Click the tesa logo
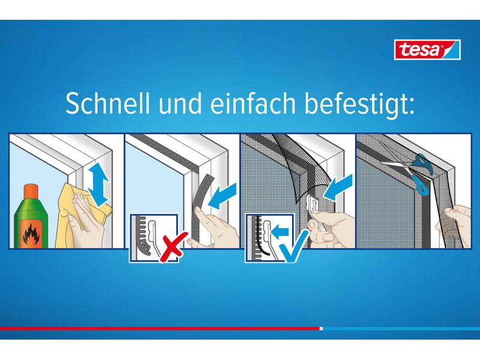pos(427,49)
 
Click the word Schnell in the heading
pos(108,103)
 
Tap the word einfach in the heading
pos(253,103)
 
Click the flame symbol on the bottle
pos(31,235)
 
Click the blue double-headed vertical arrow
pos(98,184)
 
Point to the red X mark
pos(173,247)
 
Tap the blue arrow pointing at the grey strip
pos(223,197)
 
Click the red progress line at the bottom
pos(160,328)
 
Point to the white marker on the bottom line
pos(321,328)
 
